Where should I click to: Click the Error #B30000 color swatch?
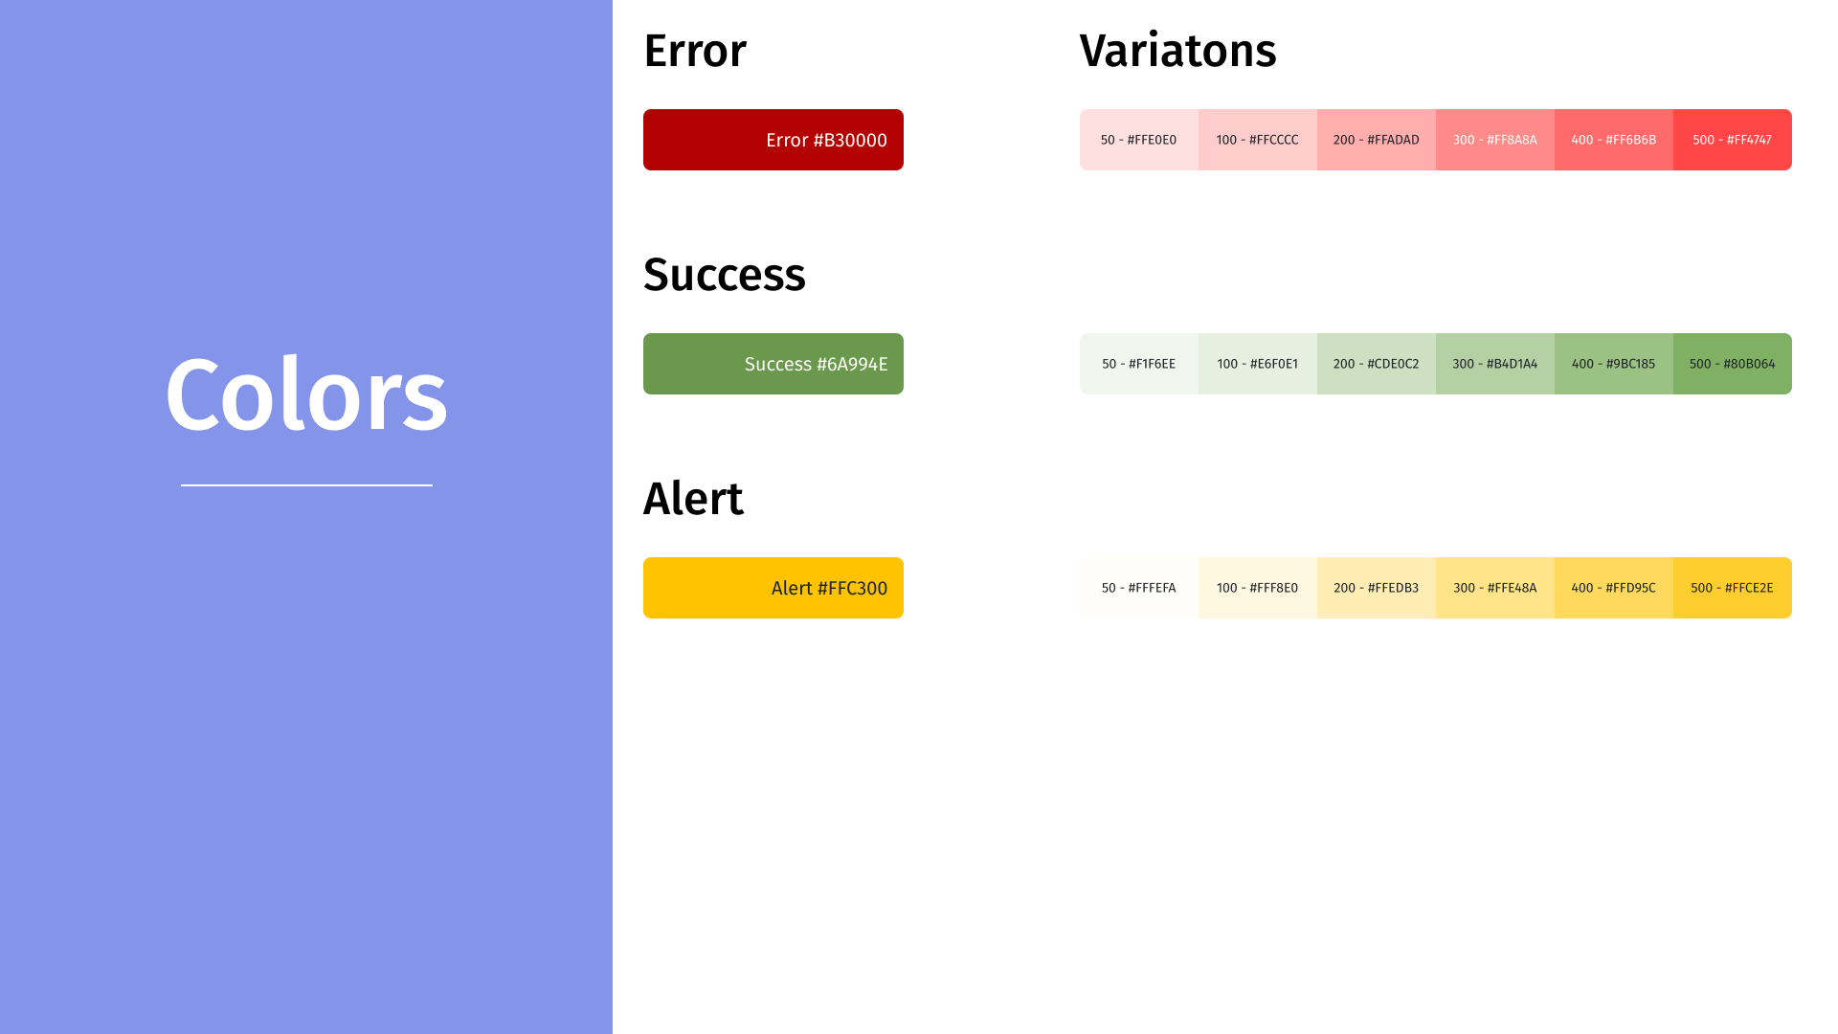tap(773, 140)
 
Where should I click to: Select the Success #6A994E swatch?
tap(773, 364)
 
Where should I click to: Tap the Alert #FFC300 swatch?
tap(773, 588)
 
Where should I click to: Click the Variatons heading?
tap(1177, 51)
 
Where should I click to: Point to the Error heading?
tap(695, 51)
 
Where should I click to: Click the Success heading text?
tap(725, 275)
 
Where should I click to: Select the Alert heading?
tap(693, 499)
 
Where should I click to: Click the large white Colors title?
tap(306, 394)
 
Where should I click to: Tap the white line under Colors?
tap(306, 485)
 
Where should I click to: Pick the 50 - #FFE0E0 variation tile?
tap(1139, 140)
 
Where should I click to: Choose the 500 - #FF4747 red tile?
tap(1733, 140)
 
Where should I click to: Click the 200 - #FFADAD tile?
tap(1377, 140)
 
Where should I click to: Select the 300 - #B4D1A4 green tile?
tap(1495, 364)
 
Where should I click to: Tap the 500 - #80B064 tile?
tap(1733, 364)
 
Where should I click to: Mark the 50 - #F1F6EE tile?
tap(1139, 364)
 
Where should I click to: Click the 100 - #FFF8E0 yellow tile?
tap(1258, 588)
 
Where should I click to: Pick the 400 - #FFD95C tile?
tap(1614, 588)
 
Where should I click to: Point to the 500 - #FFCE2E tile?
tap(1733, 588)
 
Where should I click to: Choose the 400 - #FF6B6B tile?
tap(1614, 140)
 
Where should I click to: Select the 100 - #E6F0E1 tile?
tap(1258, 364)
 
